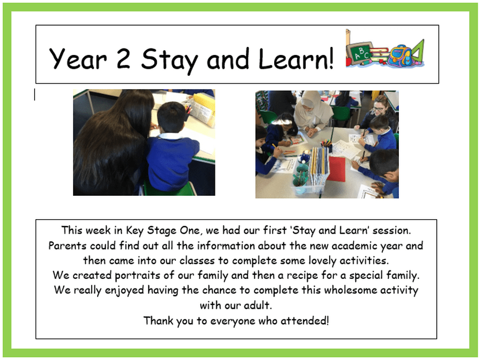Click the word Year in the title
[x=78, y=59]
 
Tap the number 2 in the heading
[x=124, y=58]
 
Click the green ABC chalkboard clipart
[x=359, y=53]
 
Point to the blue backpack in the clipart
[x=399, y=55]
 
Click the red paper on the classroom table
[x=337, y=169]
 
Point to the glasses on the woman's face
[x=378, y=108]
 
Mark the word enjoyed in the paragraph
[x=124, y=291]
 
